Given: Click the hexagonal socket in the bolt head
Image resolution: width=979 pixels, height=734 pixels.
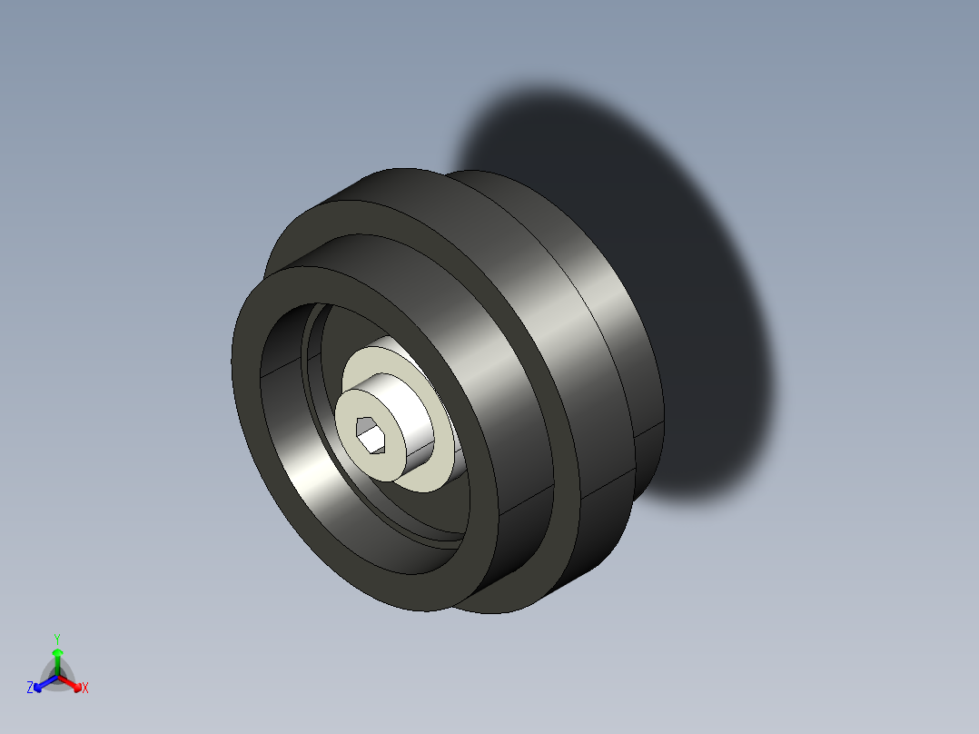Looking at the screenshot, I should tap(372, 434).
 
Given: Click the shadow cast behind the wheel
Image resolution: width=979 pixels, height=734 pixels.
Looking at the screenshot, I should tap(690, 273).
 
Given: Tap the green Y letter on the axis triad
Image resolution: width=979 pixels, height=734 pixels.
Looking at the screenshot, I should tap(57, 638).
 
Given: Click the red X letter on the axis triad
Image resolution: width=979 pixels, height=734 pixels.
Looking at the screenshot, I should tap(85, 688).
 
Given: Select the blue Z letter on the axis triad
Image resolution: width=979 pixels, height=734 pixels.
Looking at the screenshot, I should tap(30, 688).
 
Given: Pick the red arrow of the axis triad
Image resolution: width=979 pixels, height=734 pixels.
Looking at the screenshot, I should tap(73, 681).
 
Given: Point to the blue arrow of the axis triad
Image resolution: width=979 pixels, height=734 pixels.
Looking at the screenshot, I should tap(43, 681).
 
